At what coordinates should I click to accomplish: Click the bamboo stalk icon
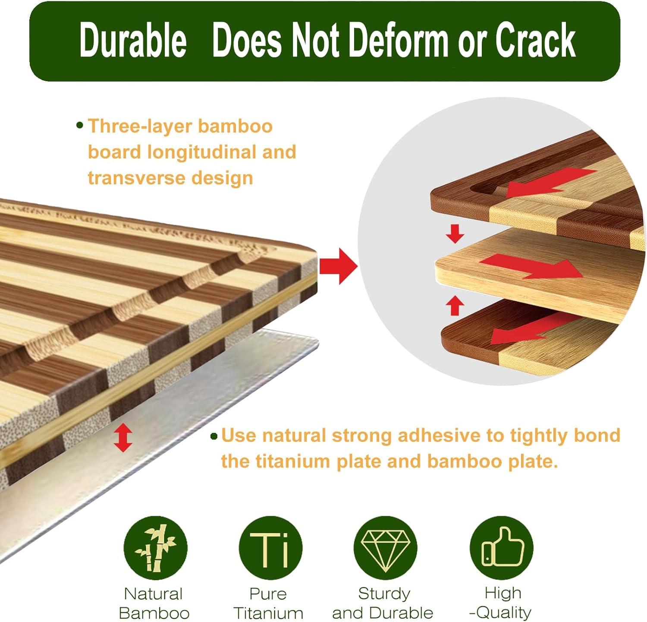click(156, 548)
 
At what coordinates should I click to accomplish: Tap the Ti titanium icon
click(270, 548)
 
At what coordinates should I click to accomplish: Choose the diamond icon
click(386, 548)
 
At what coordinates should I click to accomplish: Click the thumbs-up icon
click(502, 548)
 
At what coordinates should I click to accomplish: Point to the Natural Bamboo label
click(154, 603)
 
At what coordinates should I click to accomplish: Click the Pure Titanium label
click(268, 603)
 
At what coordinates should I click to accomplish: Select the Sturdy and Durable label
click(383, 603)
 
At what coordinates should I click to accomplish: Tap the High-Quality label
click(501, 603)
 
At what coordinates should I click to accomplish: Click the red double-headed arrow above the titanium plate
click(123, 437)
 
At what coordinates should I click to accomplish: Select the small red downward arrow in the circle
click(455, 234)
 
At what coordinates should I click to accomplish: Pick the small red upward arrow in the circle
click(455, 305)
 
